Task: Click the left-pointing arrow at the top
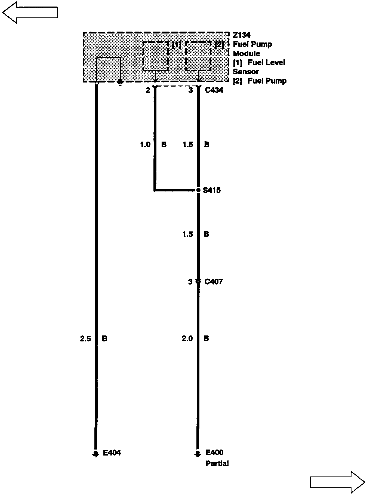coord(30,13)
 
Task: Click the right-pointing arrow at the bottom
coord(337,482)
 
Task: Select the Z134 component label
coord(242,35)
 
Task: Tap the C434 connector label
coord(214,90)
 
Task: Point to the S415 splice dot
coord(198,190)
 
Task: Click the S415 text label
coord(212,190)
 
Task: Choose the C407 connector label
coord(214,282)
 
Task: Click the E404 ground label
coord(112,453)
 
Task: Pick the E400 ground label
coord(215,453)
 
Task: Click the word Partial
coord(217,463)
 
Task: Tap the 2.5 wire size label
coord(85,339)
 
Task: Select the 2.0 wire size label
coord(187,339)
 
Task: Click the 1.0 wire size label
coord(145,145)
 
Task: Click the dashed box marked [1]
coord(156,56)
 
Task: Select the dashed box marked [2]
coord(198,56)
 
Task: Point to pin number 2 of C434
coord(148,90)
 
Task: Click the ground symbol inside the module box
coord(120,82)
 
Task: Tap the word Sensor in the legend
coord(246,72)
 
